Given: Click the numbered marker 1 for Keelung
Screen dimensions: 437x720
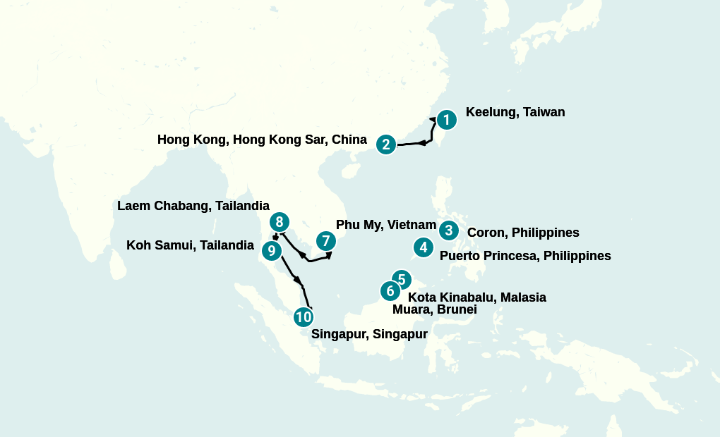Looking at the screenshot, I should (x=446, y=120).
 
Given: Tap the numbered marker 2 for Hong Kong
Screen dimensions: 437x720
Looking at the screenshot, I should (x=385, y=144).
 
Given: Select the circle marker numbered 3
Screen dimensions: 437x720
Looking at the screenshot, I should (x=448, y=230).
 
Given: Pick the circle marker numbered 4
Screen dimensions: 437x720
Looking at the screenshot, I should (x=423, y=247).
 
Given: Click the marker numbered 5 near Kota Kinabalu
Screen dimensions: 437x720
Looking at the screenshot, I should (x=401, y=280).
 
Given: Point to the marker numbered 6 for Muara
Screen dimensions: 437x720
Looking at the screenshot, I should (x=390, y=290).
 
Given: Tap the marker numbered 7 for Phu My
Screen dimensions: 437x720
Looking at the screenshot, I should (x=325, y=240).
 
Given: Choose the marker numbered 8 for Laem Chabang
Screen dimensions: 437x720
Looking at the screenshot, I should (x=280, y=221).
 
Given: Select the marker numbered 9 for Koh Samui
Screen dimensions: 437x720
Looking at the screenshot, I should (x=272, y=250).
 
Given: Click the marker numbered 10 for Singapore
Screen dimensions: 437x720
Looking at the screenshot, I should (x=304, y=317).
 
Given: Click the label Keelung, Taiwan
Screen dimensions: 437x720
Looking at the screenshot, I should (x=515, y=112).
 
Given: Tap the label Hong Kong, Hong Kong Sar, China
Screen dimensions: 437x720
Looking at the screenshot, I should (x=262, y=140).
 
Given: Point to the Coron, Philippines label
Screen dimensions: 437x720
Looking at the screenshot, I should (x=523, y=233).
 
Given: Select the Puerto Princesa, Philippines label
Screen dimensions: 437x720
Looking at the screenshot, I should (x=525, y=256).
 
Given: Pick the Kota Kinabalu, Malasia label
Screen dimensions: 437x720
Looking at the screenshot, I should (x=476, y=297).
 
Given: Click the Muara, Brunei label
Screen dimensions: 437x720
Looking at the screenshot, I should (x=434, y=309).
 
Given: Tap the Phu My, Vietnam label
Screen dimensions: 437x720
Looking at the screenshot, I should (x=385, y=225).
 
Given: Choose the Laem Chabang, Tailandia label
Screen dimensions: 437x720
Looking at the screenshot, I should (x=193, y=206).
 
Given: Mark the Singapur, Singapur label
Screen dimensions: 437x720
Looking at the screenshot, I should (x=369, y=334).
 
